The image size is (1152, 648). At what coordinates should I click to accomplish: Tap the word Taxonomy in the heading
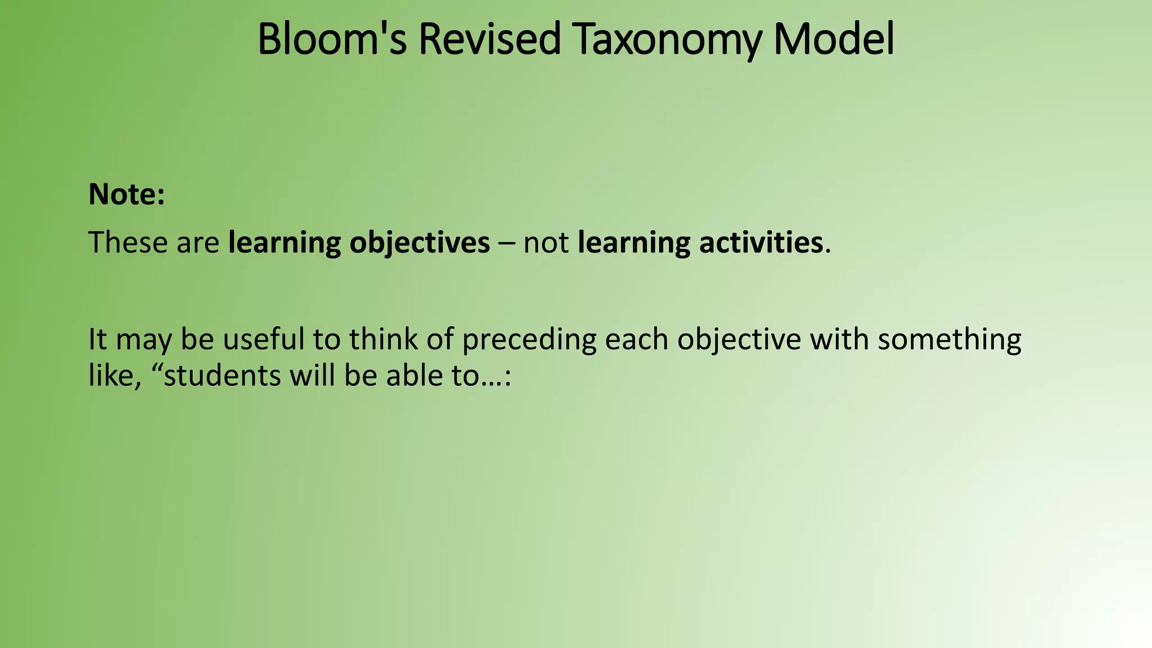(668, 39)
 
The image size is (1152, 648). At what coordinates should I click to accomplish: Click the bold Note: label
(127, 194)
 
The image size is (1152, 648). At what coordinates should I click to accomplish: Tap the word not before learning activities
(546, 242)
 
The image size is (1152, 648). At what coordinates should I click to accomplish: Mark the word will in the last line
(313, 375)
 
